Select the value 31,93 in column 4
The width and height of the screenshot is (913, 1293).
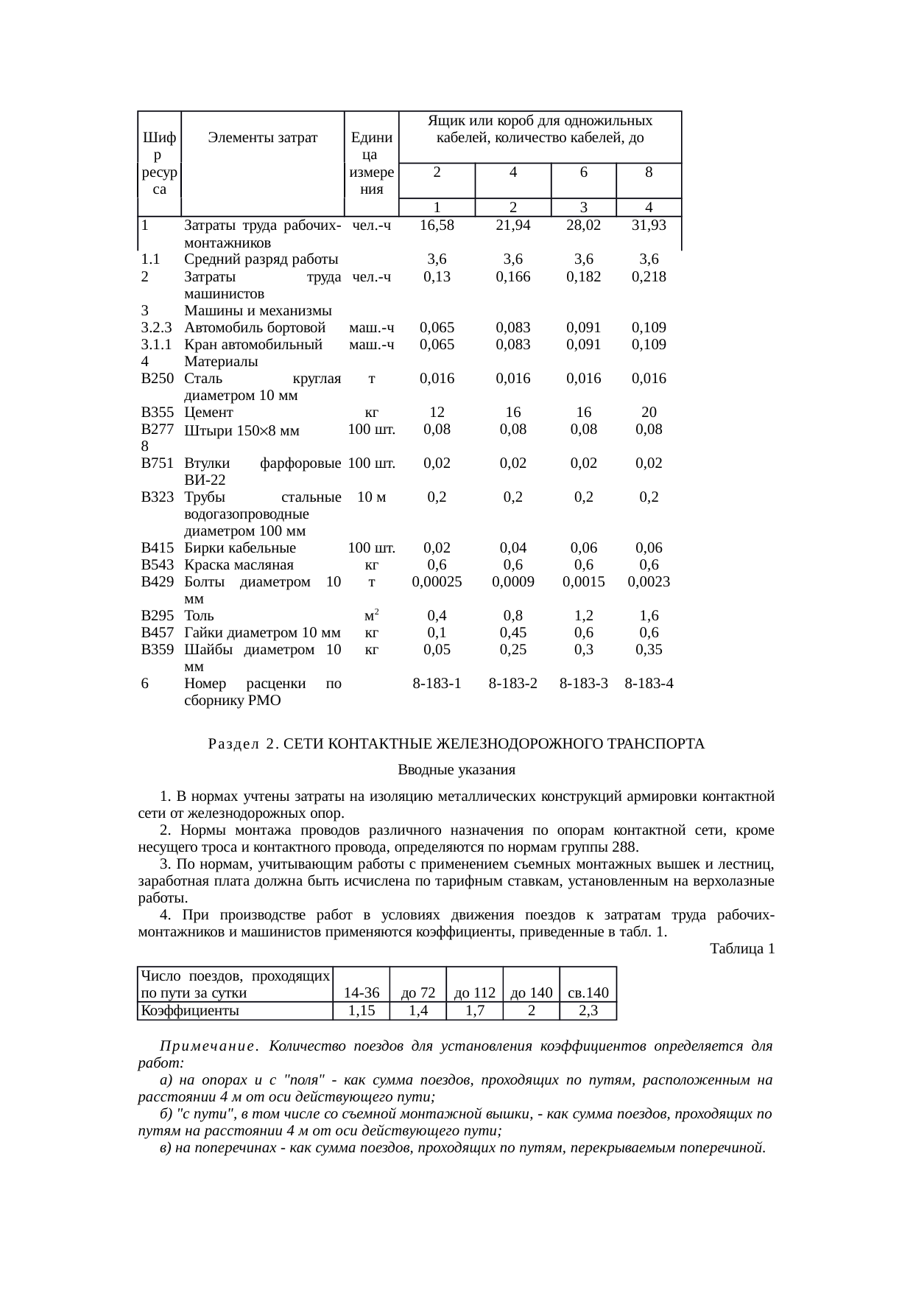649,225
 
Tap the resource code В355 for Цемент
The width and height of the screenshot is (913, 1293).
158,412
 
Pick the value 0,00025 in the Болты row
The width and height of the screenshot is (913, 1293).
437,581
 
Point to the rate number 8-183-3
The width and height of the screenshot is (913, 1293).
583,683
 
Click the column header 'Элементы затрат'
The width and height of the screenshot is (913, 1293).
263,137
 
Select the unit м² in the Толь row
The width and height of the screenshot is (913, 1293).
372,614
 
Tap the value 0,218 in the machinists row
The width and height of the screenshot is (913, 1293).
649,277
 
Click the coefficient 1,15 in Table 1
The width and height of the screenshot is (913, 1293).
361,1010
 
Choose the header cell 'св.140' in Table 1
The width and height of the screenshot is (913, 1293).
588,993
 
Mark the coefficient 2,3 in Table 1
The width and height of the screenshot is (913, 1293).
588,1010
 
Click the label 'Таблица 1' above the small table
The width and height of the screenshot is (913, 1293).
742,949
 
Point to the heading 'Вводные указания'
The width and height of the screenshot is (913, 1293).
456,770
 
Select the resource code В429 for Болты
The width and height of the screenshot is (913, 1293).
158,581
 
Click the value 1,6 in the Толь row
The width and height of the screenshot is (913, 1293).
649,615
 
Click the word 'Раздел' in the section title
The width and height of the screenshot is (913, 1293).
232,744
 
